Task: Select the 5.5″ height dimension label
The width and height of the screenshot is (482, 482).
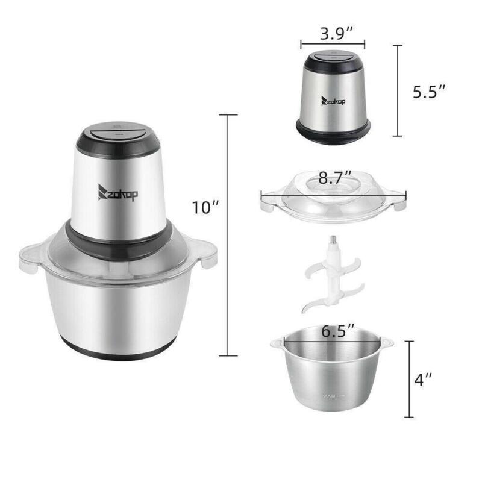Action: point(429,92)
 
